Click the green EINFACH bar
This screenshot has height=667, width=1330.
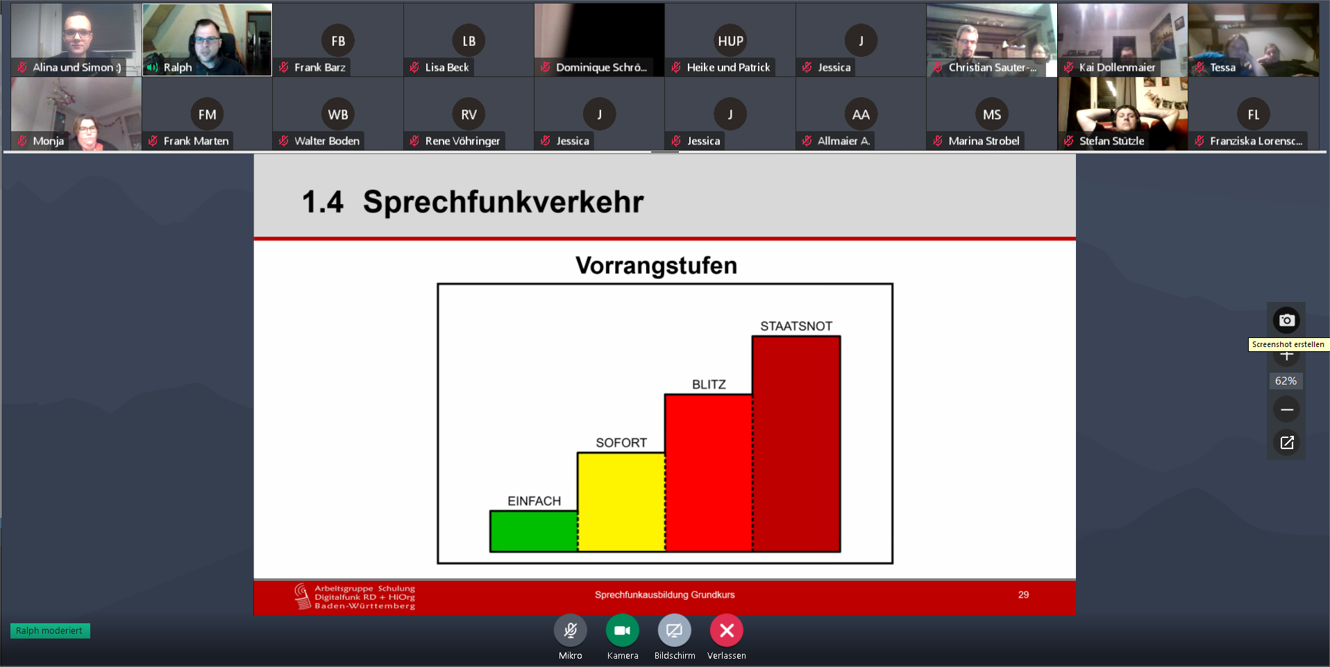tap(534, 531)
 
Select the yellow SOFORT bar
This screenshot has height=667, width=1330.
tap(621, 502)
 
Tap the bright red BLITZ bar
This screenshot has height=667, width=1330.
tap(709, 473)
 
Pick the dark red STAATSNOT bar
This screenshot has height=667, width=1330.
tap(796, 444)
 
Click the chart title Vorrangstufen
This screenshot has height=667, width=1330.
tap(656, 266)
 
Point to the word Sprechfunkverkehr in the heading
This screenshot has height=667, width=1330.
tap(503, 202)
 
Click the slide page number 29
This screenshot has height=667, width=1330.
tap(1023, 595)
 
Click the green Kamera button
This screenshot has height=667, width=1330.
tap(623, 630)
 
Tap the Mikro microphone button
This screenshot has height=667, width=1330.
tap(571, 630)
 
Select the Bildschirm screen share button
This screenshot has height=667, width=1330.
tap(675, 630)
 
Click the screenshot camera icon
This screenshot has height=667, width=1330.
tap(1286, 320)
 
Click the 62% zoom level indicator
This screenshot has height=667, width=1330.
tap(1286, 381)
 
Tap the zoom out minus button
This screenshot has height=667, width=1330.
tap(1286, 410)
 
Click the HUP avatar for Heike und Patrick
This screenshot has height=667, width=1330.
tap(730, 41)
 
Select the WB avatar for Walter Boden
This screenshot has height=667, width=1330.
tap(338, 115)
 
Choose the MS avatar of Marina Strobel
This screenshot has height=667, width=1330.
tap(992, 115)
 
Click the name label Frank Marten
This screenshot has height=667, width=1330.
tap(196, 141)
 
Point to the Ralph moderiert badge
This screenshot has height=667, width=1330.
tap(50, 631)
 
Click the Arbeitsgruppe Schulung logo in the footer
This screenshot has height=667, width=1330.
tap(355, 597)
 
